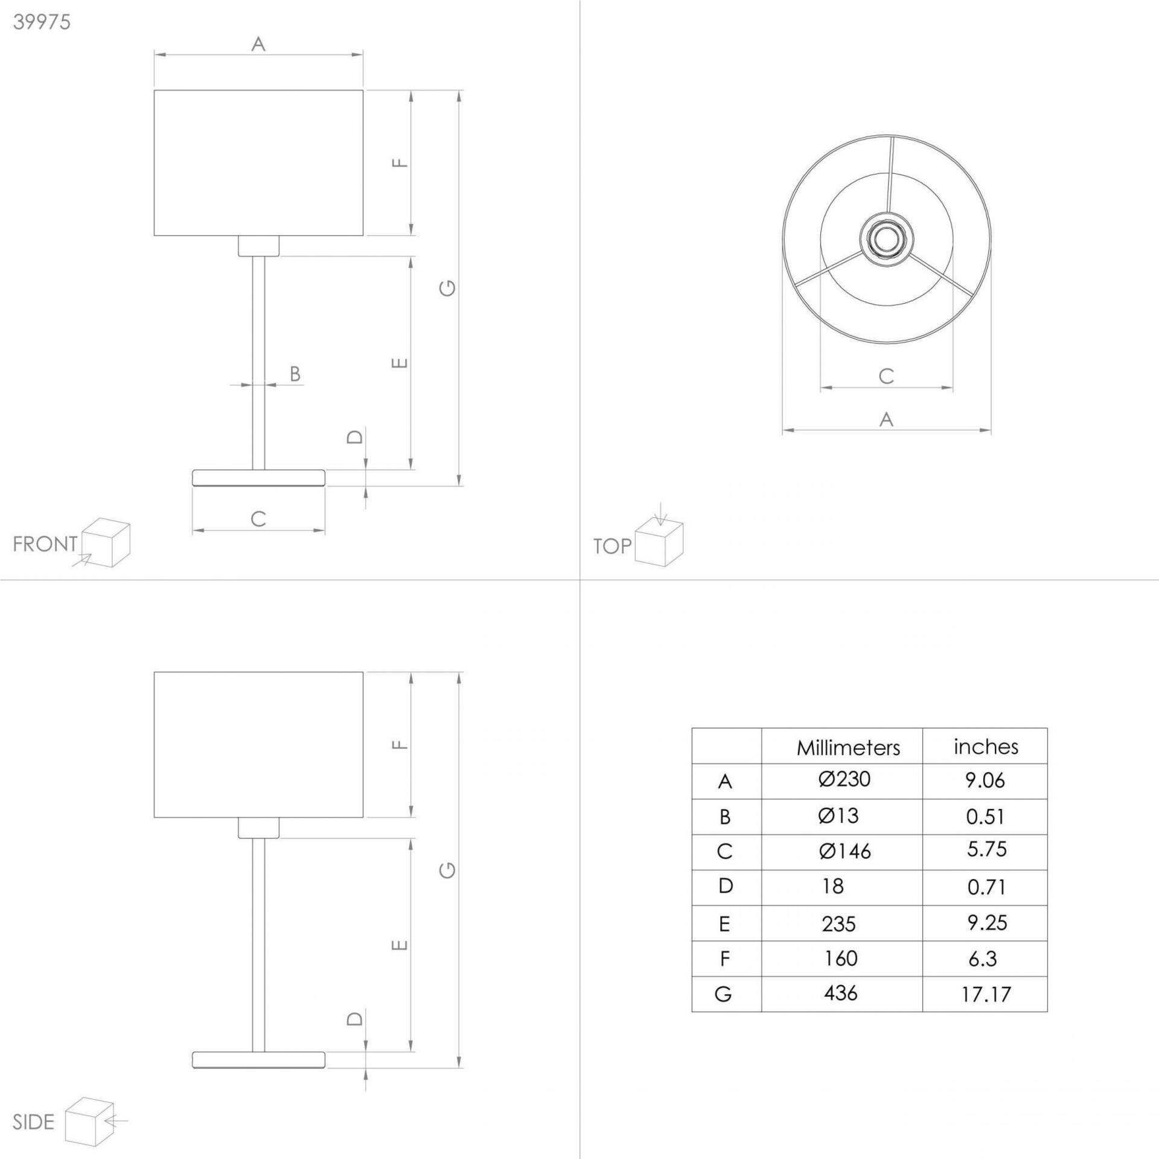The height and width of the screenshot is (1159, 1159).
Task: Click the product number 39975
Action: (42, 22)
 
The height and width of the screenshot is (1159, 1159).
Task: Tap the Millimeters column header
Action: (848, 749)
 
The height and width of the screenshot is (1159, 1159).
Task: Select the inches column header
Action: (986, 747)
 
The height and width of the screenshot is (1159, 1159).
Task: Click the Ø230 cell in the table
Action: (845, 779)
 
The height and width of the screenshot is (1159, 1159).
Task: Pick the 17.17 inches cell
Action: (986, 994)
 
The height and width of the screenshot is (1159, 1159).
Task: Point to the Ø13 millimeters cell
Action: (838, 816)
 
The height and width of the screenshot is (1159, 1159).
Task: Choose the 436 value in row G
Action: (840, 993)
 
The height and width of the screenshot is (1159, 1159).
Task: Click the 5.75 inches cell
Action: (986, 850)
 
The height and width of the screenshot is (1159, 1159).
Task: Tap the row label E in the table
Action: (724, 924)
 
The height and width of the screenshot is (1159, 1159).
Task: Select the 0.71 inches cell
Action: (986, 887)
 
